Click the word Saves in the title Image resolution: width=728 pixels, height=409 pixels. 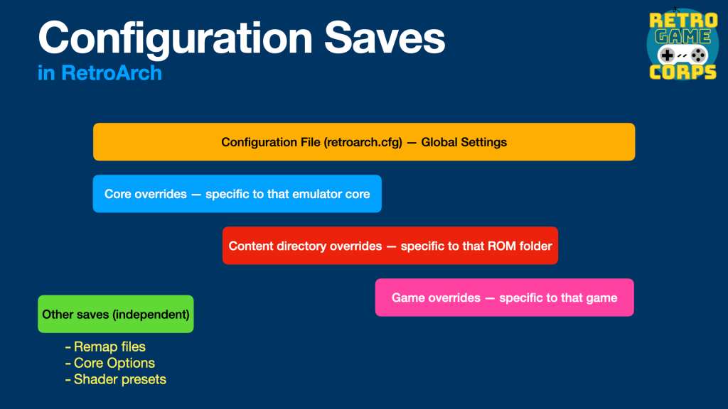click(x=385, y=38)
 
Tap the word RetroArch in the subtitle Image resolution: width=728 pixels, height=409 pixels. click(x=112, y=73)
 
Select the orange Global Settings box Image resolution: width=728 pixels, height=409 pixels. click(x=364, y=142)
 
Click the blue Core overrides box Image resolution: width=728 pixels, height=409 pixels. click(x=237, y=194)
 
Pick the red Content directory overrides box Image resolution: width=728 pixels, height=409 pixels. click(x=390, y=246)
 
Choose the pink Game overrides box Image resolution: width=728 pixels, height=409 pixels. click(x=504, y=298)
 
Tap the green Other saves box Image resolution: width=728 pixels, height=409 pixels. click(x=116, y=314)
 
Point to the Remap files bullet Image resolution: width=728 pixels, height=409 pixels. click(x=105, y=347)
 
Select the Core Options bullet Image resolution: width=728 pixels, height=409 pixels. click(x=110, y=363)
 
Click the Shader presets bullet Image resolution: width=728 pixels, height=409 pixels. click(x=116, y=379)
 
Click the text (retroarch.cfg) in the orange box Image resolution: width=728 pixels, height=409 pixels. click(x=363, y=142)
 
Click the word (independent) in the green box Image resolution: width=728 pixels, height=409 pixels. click(x=152, y=315)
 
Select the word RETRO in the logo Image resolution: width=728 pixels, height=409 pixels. click(x=683, y=21)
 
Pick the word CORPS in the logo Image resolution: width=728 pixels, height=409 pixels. click(x=682, y=72)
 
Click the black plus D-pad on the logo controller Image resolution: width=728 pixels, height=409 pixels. click(x=667, y=55)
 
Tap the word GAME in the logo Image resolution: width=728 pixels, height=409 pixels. click(x=683, y=37)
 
